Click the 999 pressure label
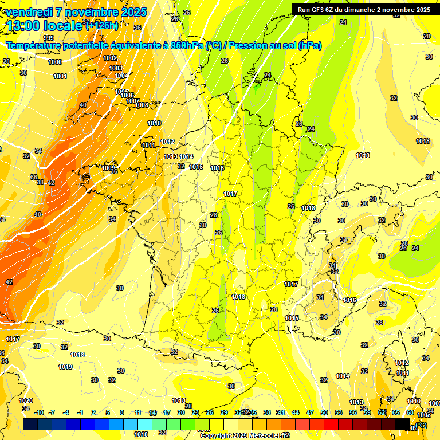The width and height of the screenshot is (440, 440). pos(49,54)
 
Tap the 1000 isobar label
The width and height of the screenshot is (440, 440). pos(55,62)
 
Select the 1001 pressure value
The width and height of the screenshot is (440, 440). pos(60,76)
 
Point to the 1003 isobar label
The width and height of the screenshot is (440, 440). pos(116,69)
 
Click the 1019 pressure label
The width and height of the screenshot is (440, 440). pos(65,367)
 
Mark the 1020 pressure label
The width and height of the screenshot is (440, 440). pos(26,400)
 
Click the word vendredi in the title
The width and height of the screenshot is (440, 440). pos(29,12)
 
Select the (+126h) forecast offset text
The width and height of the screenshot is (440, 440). pos(101,26)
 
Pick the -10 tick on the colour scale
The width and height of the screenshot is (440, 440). pos(39,412)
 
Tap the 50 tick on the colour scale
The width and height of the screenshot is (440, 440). pos(324,412)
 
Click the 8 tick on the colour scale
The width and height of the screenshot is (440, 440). pos(122,412)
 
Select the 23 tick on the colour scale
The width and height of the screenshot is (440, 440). pos(195,412)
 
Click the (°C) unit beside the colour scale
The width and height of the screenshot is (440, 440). pos(421,425)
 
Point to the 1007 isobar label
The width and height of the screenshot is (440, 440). pos(133,101)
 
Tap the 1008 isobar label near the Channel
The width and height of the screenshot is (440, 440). pos(142,105)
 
